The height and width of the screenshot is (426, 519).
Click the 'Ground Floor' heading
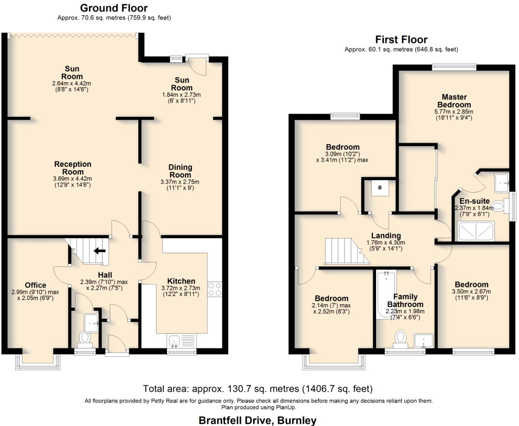coord(114,8)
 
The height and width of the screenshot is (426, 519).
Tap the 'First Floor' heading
coord(401,40)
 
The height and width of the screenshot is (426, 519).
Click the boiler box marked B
coord(380,188)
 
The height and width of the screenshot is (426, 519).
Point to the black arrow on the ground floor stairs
coord(99,251)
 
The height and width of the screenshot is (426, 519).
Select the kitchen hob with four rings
coord(215,289)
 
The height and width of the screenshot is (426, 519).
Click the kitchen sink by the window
coord(175,341)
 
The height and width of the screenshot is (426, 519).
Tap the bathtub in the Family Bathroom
coord(386,294)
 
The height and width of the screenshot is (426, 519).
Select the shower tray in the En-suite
coord(476,231)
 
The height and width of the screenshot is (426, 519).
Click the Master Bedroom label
coord(454,101)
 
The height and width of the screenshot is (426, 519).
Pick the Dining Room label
coord(180,171)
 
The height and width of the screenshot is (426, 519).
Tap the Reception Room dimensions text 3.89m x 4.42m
coord(72,179)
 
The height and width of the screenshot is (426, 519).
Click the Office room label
coord(36,285)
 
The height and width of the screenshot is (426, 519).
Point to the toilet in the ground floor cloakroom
coord(84,338)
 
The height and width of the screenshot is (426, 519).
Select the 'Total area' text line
coord(257,389)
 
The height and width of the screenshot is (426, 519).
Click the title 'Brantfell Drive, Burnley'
coord(257,420)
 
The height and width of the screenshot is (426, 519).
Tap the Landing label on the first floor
coord(386,236)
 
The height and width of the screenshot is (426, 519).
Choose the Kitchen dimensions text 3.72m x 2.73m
coord(181,288)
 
